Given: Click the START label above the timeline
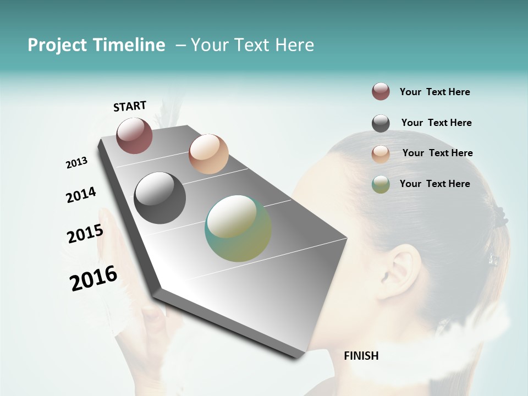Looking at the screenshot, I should click(130, 106).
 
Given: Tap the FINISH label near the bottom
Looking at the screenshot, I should click(361, 356).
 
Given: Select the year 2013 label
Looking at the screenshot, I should click(76, 163).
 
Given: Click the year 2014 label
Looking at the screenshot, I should click(81, 195).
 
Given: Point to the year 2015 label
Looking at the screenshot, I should click(85, 234).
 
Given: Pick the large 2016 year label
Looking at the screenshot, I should click(94, 278).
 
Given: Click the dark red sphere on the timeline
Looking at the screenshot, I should click(134, 135).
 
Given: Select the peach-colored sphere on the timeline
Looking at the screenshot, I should click(208, 154).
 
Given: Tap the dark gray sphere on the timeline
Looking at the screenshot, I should click(159, 198).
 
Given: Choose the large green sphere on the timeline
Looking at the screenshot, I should click(238, 228).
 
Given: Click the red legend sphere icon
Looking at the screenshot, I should click(381, 92).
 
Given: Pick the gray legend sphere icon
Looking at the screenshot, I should click(381, 123).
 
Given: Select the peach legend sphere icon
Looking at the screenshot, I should click(381, 154).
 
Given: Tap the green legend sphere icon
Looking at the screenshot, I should click(381, 184).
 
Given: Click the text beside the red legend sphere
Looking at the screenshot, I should click(435, 92).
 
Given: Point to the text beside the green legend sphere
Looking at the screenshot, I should click(435, 184).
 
